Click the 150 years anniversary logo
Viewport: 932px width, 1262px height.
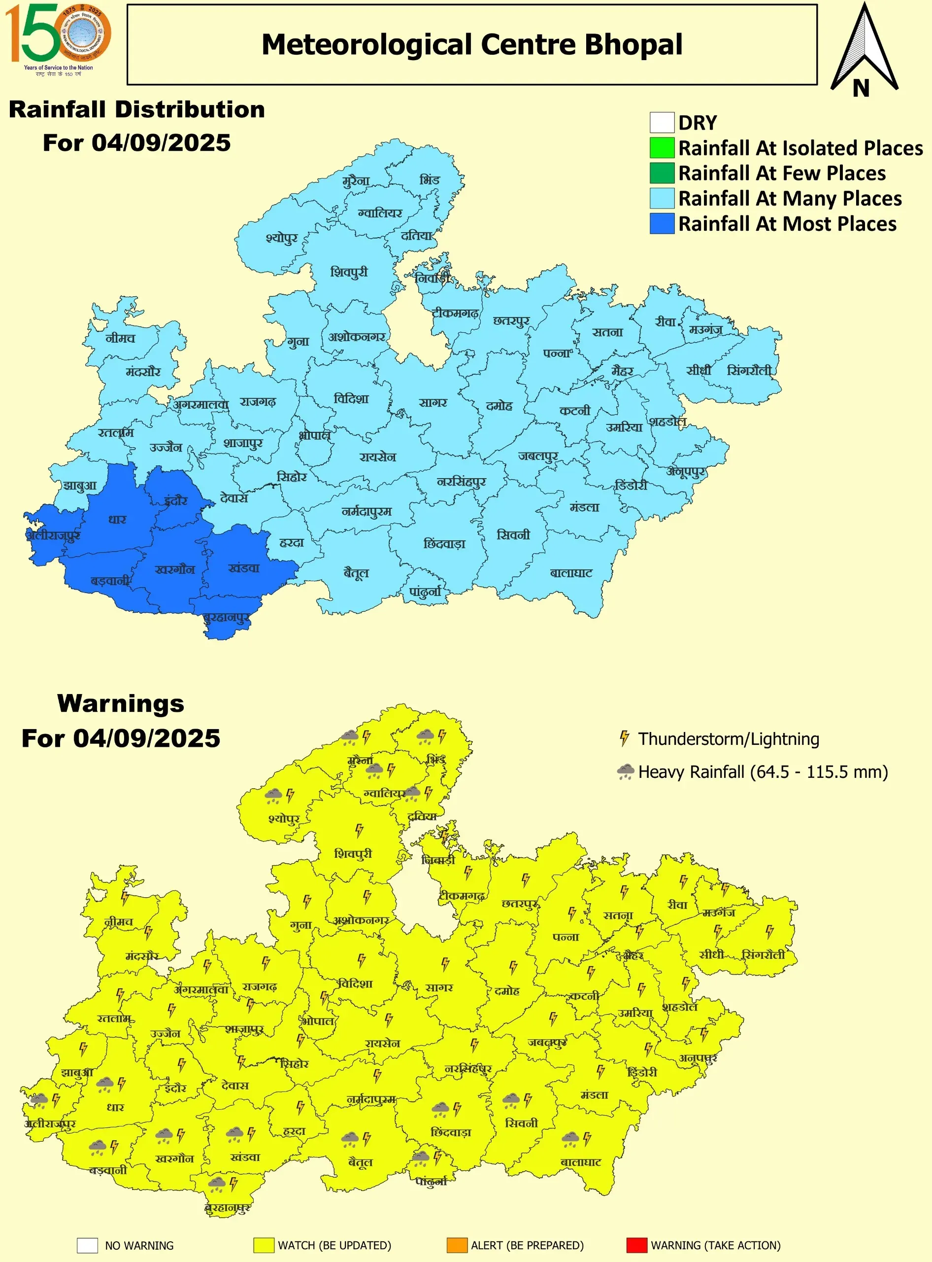58,38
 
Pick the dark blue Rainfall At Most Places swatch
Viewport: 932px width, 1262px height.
661,223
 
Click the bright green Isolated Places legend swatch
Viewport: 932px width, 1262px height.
661,147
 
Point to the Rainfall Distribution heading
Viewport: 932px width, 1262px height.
136,109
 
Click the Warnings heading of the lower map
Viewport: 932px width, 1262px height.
121,703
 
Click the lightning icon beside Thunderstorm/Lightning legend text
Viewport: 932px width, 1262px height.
624,738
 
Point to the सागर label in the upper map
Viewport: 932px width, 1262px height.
433,403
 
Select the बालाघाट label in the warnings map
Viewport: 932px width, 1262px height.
581,1161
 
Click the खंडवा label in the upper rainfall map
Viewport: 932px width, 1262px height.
244,568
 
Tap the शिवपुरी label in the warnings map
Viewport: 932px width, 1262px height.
353,853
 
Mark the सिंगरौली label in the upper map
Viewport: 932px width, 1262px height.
749,370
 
